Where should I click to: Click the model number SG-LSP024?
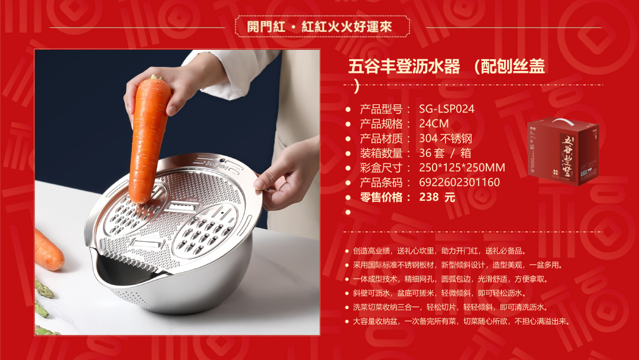point(447,109)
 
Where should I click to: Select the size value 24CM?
point(434,124)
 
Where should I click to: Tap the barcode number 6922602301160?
point(459,182)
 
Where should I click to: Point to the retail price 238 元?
point(437,197)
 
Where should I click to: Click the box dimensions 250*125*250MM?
point(462,168)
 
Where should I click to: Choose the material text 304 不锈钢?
point(446,139)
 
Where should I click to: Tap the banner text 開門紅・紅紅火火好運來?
point(319,27)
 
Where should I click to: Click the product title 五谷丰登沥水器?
point(404,66)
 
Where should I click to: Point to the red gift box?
point(563,151)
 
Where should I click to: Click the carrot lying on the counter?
point(49,249)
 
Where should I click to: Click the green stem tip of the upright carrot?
point(154,76)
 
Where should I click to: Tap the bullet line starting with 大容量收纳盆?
point(461,322)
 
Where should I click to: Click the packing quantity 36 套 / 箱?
point(445,153)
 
